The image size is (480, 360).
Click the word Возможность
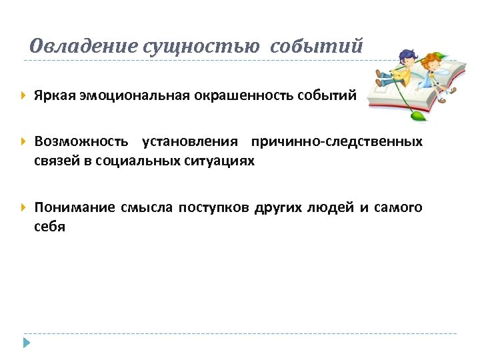81,142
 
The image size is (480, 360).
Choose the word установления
190,142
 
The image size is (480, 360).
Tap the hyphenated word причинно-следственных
337,142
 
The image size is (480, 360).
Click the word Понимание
75,207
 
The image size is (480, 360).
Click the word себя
50,227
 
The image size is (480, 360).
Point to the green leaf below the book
418,116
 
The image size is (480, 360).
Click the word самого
399,207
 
